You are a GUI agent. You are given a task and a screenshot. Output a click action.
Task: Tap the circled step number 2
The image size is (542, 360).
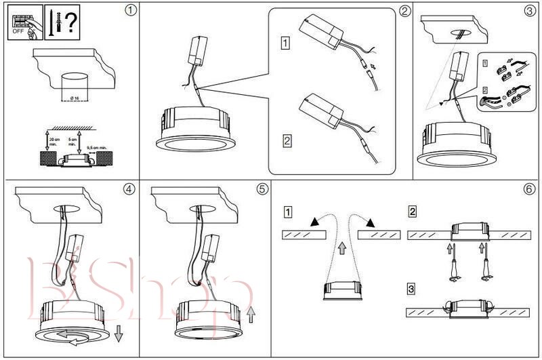[x=404, y=11]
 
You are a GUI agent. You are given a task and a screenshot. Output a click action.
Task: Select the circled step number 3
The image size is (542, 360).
[x=529, y=11]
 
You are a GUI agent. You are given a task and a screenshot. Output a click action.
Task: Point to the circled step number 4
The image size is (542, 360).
[x=129, y=189]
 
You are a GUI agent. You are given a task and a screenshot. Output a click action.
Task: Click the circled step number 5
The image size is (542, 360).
[x=262, y=189]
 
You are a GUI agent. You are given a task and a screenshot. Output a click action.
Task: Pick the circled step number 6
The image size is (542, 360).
[x=529, y=189]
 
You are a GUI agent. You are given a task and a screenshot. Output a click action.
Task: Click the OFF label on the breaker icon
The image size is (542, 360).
[x=19, y=31]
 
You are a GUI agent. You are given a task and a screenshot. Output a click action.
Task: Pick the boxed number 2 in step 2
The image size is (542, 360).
[x=287, y=142]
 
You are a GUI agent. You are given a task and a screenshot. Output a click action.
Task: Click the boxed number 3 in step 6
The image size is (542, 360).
[x=412, y=289]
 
